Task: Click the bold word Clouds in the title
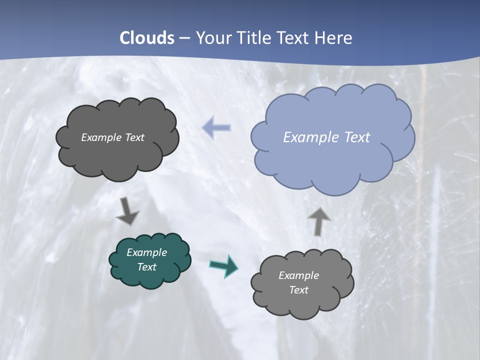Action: tap(147, 38)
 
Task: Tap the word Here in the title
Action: tap(334, 38)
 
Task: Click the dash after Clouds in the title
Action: tap(184, 38)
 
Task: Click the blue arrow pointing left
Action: tap(216, 127)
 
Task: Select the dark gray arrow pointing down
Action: tap(127, 211)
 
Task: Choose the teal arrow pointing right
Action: tap(224, 265)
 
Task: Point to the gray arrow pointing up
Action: tap(318, 220)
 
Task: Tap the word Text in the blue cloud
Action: tap(357, 137)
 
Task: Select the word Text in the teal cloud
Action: tap(146, 267)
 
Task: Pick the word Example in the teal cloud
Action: tap(146, 252)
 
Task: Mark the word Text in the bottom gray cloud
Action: tap(298, 290)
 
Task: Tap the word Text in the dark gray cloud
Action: tap(134, 137)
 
